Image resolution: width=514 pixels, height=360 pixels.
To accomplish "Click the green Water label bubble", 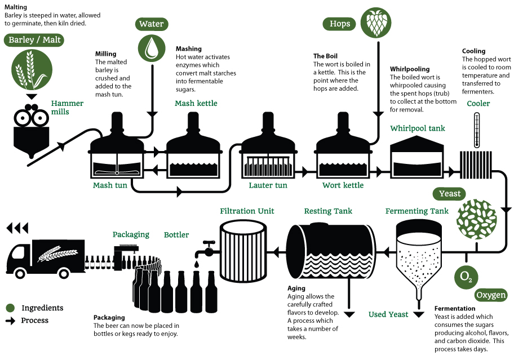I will coord(152,24).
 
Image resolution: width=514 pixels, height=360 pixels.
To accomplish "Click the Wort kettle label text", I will coord(343,185).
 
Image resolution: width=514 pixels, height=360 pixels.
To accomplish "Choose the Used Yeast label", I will coord(388,314).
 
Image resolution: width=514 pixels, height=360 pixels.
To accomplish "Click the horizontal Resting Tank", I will coord(331,251).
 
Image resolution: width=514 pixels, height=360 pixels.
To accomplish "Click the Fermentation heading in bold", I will coord(455,309).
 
